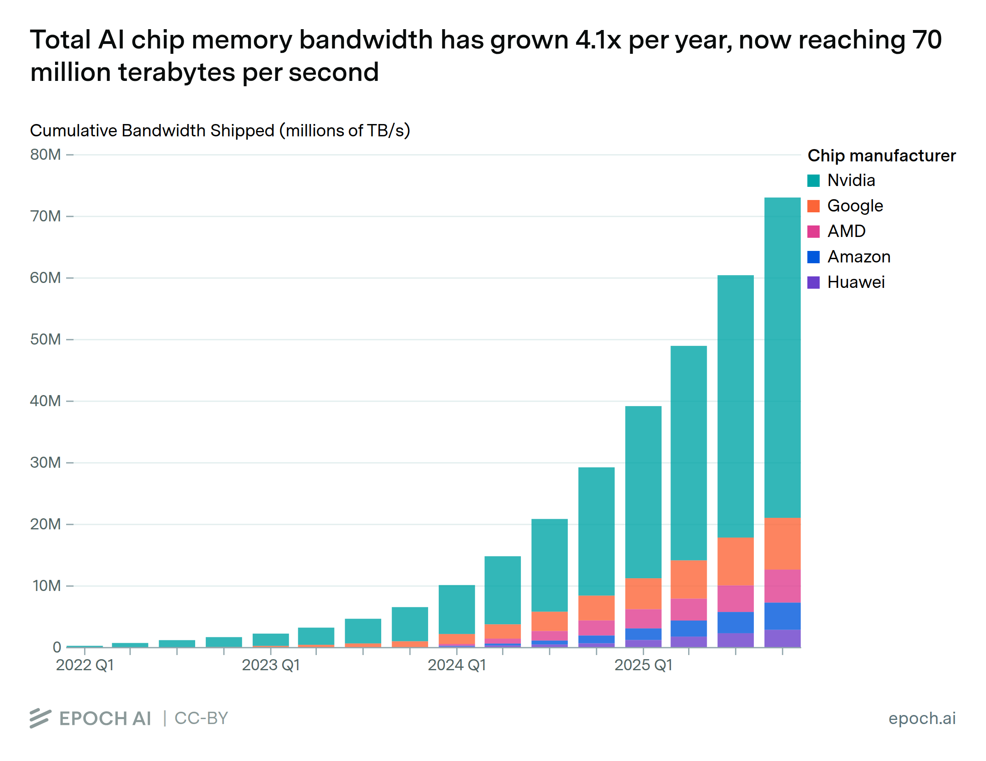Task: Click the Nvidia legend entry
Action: [x=850, y=181]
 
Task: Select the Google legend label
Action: [x=854, y=206]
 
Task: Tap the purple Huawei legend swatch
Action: [x=813, y=283]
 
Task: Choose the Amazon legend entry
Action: [x=858, y=257]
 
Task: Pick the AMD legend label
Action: [x=846, y=231]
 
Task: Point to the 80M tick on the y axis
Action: [x=46, y=155]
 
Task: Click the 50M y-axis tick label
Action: [x=46, y=339]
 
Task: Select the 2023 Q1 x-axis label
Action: [x=271, y=665]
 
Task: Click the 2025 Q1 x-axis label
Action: [x=643, y=665]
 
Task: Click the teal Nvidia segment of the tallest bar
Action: [x=782, y=356]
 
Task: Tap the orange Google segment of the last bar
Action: [x=782, y=543]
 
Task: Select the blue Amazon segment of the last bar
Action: [x=782, y=616]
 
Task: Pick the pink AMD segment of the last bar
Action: [x=782, y=586]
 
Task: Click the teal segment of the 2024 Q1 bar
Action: [x=456, y=609]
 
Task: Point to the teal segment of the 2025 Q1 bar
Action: [x=643, y=492]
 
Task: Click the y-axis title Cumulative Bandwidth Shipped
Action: [x=220, y=131]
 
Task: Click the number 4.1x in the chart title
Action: [x=597, y=40]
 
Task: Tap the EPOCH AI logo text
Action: [x=105, y=719]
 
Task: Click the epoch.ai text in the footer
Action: [x=921, y=718]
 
